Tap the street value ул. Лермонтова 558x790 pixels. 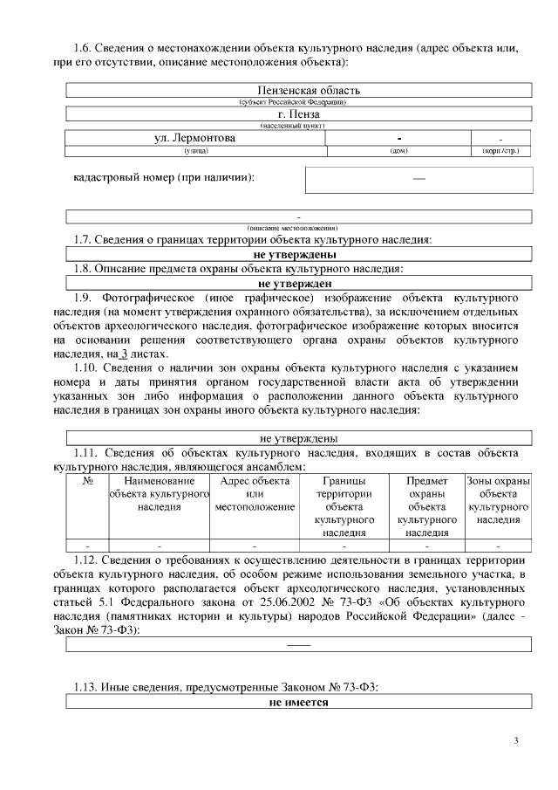pos(194,138)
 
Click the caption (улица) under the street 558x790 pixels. pos(194,151)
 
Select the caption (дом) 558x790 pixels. pos(398,151)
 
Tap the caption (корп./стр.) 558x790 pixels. pos(500,151)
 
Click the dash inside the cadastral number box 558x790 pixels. pos(418,178)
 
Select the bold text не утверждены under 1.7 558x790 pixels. pos(296,254)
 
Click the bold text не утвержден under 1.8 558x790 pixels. pos(296,284)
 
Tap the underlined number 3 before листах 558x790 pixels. pos(123,354)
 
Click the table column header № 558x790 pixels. pos(87,481)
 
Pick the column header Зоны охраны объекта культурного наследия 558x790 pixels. pos(499,500)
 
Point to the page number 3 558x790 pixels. pos(516,742)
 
